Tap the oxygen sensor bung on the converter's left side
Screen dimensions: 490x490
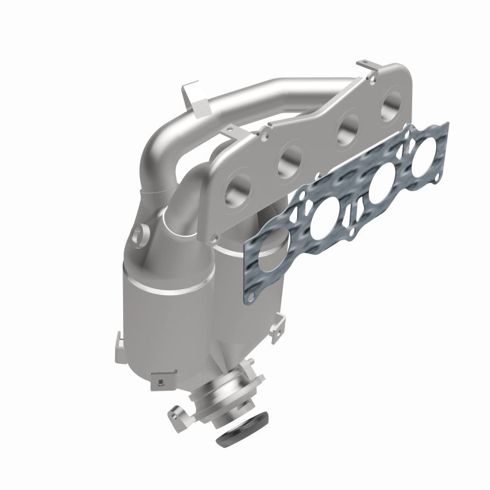click(x=140, y=233)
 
